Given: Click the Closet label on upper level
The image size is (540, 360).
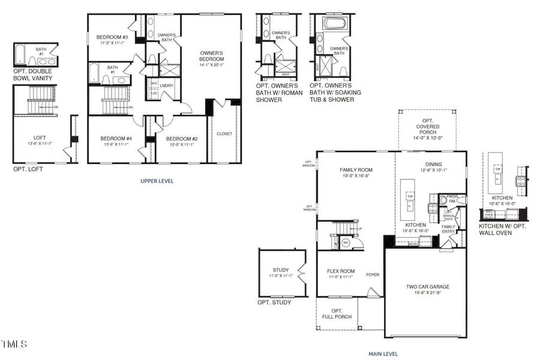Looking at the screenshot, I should click(x=224, y=134).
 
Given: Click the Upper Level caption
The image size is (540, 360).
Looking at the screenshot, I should click(x=157, y=181).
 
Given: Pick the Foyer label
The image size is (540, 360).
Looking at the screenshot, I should click(x=373, y=275).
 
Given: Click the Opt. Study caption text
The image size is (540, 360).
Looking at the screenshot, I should click(x=274, y=302).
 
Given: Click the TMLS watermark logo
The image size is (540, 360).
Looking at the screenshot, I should click(x=14, y=344).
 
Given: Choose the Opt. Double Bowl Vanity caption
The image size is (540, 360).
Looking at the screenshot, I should click(x=36, y=74).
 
